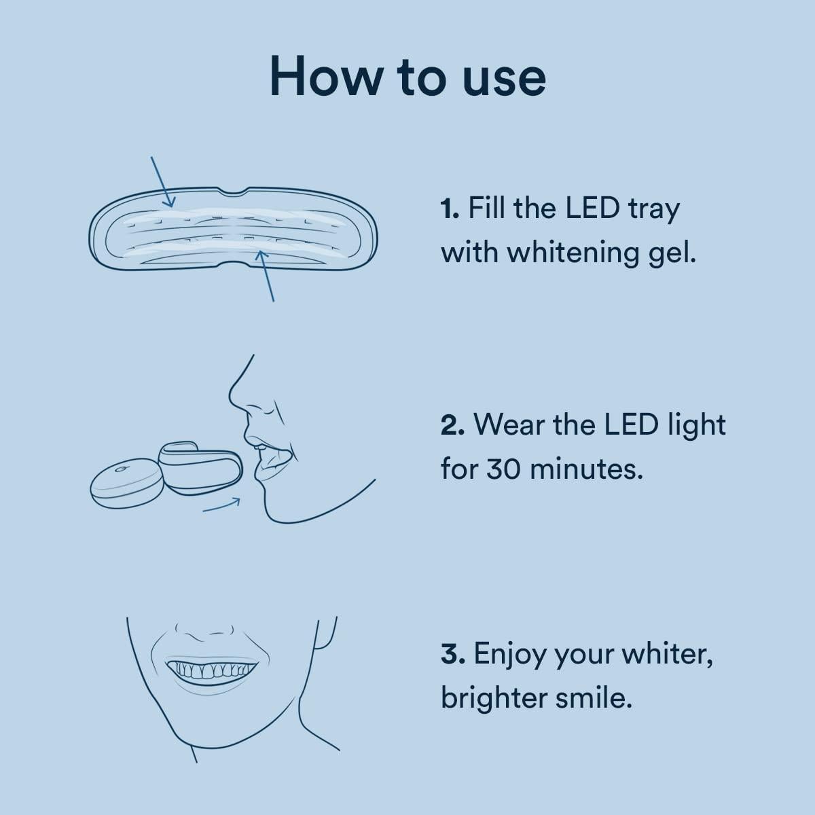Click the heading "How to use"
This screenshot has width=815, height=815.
pos(407,76)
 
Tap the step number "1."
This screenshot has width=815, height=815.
pos(451,209)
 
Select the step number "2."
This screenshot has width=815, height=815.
pos(452,426)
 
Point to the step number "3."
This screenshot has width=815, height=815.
pos(452,654)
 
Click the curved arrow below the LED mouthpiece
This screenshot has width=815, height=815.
pos(221,505)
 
